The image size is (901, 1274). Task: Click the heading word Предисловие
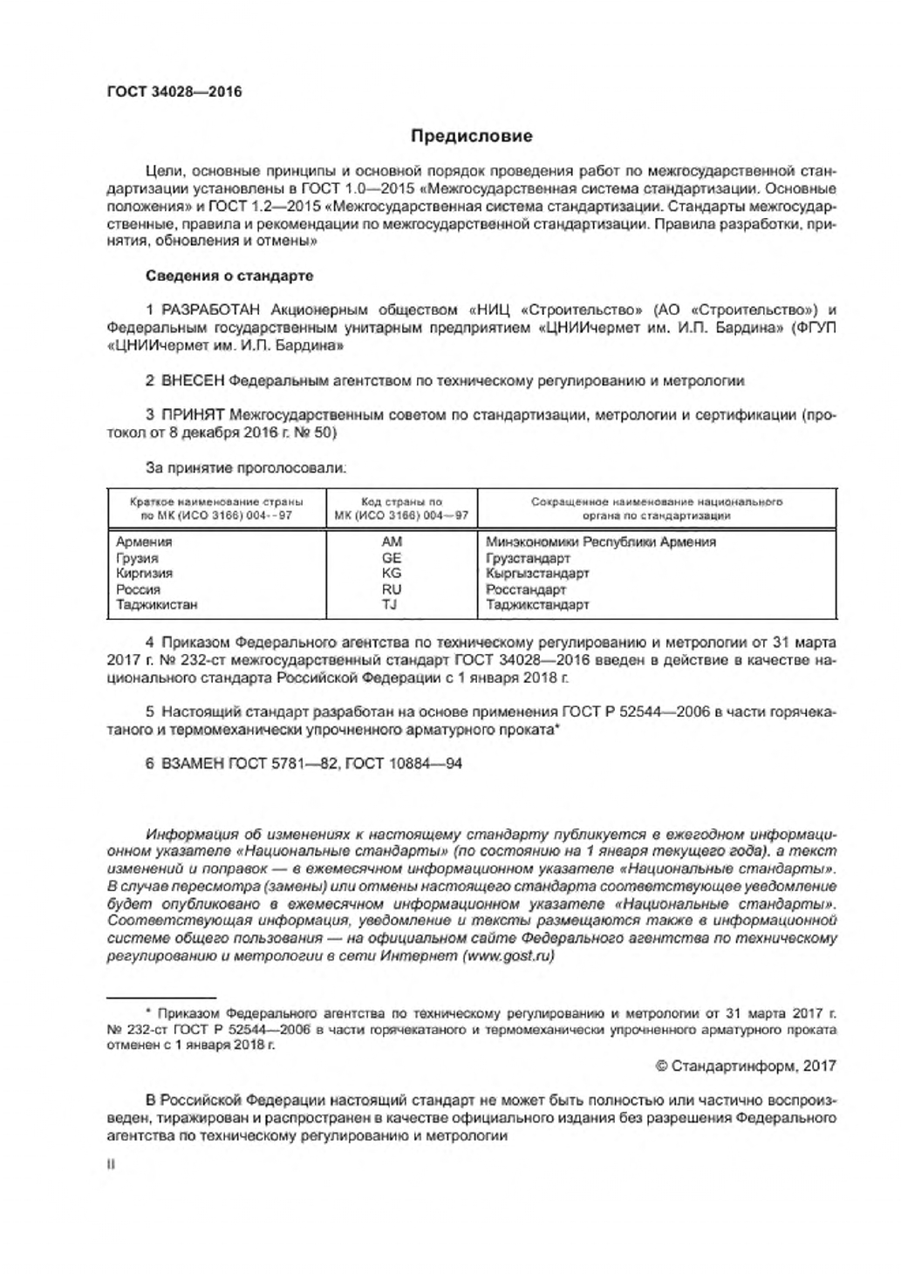pyautogui.click(x=471, y=136)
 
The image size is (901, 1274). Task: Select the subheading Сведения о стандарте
pyautogui.click(x=229, y=276)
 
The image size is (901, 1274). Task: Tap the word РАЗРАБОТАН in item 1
pyautogui.click(x=212, y=310)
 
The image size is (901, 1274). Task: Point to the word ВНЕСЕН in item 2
pyautogui.click(x=193, y=380)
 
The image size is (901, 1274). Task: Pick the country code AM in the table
pyautogui.click(x=392, y=542)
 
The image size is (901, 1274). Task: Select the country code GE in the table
pyautogui.click(x=392, y=557)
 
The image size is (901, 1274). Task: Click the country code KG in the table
pyautogui.click(x=392, y=573)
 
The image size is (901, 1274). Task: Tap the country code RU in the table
pyautogui.click(x=392, y=589)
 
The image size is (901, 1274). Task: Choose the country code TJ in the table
pyautogui.click(x=392, y=604)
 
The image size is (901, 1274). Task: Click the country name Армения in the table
pyautogui.click(x=144, y=542)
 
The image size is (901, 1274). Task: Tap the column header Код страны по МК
pyautogui.click(x=401, y=508)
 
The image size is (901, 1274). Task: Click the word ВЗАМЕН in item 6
pyautogui.click(x=193, y=764)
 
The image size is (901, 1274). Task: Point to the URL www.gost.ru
pyautogui.click(x=507, y=956)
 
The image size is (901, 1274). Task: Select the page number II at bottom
pyautogui.click(x=110, y=1162)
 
